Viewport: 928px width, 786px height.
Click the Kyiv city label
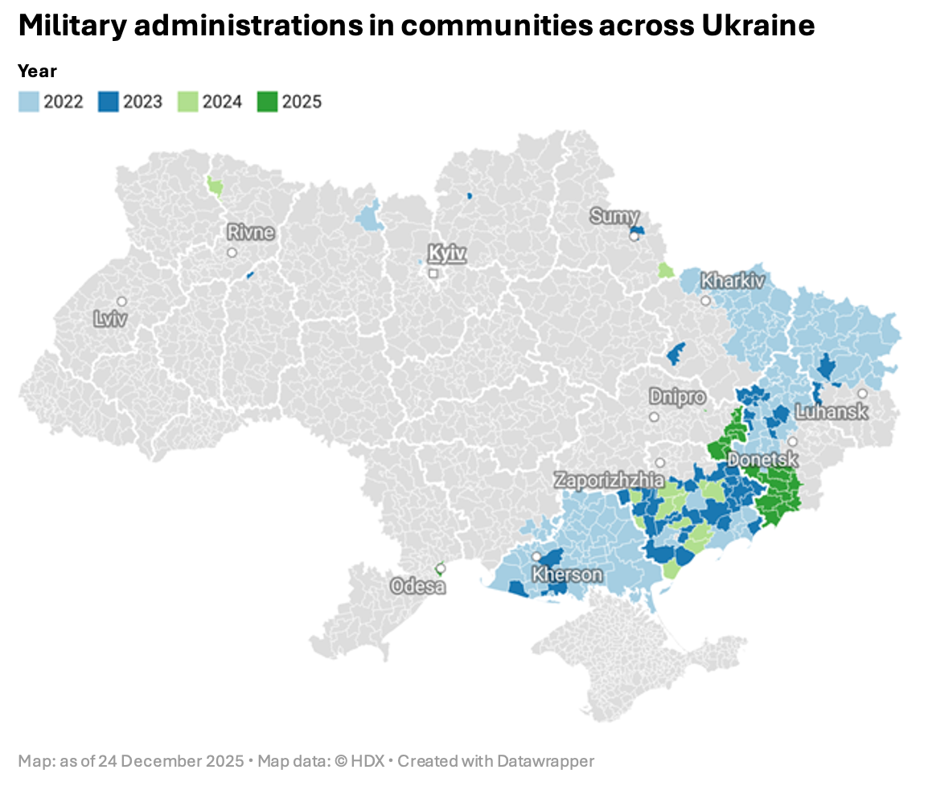point(447,253)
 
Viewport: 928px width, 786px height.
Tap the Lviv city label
point(110,319)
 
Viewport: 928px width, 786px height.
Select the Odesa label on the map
point(418,586)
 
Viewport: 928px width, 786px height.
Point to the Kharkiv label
point(733,280)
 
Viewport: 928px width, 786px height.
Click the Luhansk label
point(831,411)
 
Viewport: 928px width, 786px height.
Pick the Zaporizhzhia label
point(609,480)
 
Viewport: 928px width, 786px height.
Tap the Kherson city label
point(567,575)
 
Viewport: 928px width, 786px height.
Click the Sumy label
point(614,216)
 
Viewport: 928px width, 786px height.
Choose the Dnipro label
point(677,396)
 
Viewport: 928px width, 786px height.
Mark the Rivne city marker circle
point(232,252)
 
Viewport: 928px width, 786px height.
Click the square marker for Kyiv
point(433,273)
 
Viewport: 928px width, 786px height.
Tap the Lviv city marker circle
point(121,301)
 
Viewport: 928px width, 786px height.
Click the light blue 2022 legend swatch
point(28,102)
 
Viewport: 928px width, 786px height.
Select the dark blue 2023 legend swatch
point(109,102)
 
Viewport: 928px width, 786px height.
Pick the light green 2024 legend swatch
point(187,102)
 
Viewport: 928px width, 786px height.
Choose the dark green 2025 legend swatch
point(267,102)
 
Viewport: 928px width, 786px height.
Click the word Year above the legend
point(37,72)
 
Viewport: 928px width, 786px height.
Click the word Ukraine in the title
point(758,26)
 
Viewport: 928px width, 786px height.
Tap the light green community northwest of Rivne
point(216,187)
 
